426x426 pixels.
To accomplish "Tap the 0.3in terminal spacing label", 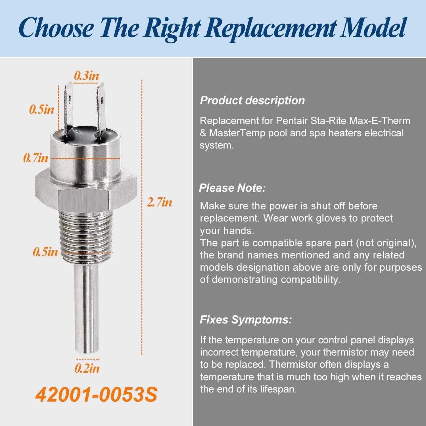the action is [87, 75].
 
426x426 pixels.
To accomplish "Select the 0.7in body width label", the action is [36, 158].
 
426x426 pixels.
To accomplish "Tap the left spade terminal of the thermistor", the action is [68, 109].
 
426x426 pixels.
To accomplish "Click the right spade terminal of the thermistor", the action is [101, 109].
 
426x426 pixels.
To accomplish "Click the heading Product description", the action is [252, 101].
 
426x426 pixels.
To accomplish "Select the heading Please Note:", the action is [232, 188].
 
